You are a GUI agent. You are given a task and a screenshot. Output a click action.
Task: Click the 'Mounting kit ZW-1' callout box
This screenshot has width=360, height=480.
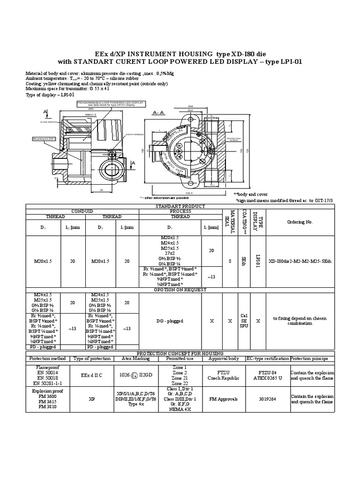coord(44,139)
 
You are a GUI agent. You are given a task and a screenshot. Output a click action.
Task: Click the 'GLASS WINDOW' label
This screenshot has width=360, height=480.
coord(48,121)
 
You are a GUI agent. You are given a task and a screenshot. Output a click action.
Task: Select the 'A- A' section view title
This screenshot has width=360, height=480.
coord(157,113)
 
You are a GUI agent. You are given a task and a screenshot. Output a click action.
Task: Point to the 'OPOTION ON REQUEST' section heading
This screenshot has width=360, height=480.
coord(180,290)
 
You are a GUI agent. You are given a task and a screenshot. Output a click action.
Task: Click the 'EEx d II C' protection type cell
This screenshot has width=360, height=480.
coord(92,375)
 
